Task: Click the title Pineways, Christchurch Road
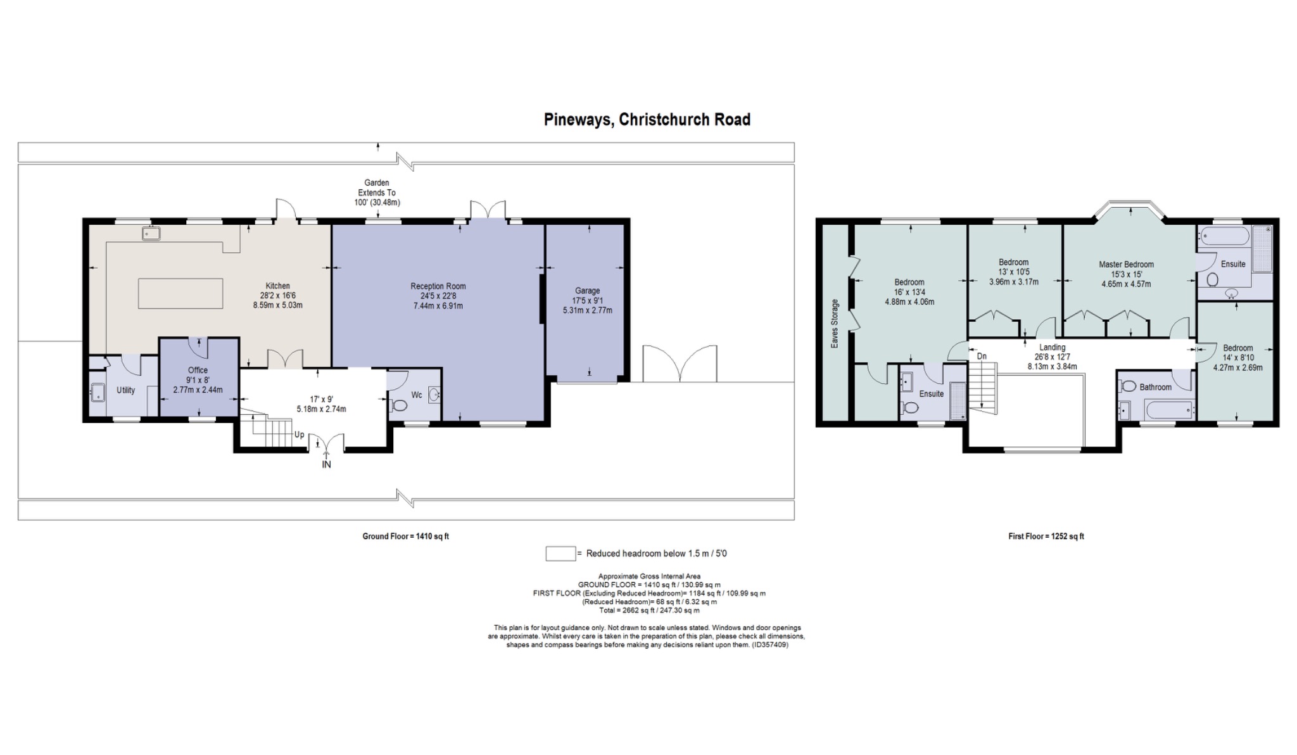point(647,120)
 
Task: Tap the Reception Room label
point(438,286)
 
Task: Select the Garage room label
point(588,291)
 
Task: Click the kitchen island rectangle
point(180,294)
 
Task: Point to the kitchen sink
point(151,234)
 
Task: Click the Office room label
point(198,371)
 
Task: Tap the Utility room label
point(126,390)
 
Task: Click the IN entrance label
point(326,464)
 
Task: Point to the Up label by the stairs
point(299,435)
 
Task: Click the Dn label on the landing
point(982,357)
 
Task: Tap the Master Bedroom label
point(1126,265)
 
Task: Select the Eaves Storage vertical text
point(835,324)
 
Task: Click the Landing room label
point(1052,348)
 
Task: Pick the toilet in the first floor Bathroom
point(1127,386)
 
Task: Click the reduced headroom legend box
point(560,554)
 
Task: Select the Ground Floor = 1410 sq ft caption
point(406,536)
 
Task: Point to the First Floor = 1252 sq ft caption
point(1046,536)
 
